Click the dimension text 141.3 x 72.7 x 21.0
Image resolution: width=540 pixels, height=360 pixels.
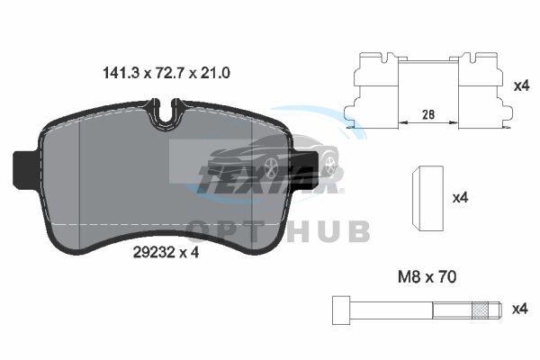point(166,73)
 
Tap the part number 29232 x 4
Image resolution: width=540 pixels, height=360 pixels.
point(166,253)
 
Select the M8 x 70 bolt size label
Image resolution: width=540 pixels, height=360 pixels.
point(427,277)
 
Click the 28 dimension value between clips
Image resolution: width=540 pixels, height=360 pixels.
point(428,114)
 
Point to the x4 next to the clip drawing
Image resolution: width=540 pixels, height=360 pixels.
point(521,85)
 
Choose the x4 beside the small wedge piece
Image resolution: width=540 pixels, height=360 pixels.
point(460,198)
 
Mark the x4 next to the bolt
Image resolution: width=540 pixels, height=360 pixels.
point(519,309)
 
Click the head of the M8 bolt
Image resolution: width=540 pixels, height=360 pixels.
point(341,310)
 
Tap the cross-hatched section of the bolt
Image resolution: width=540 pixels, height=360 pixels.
point(481,310)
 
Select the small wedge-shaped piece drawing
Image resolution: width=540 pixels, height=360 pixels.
point(427,198)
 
